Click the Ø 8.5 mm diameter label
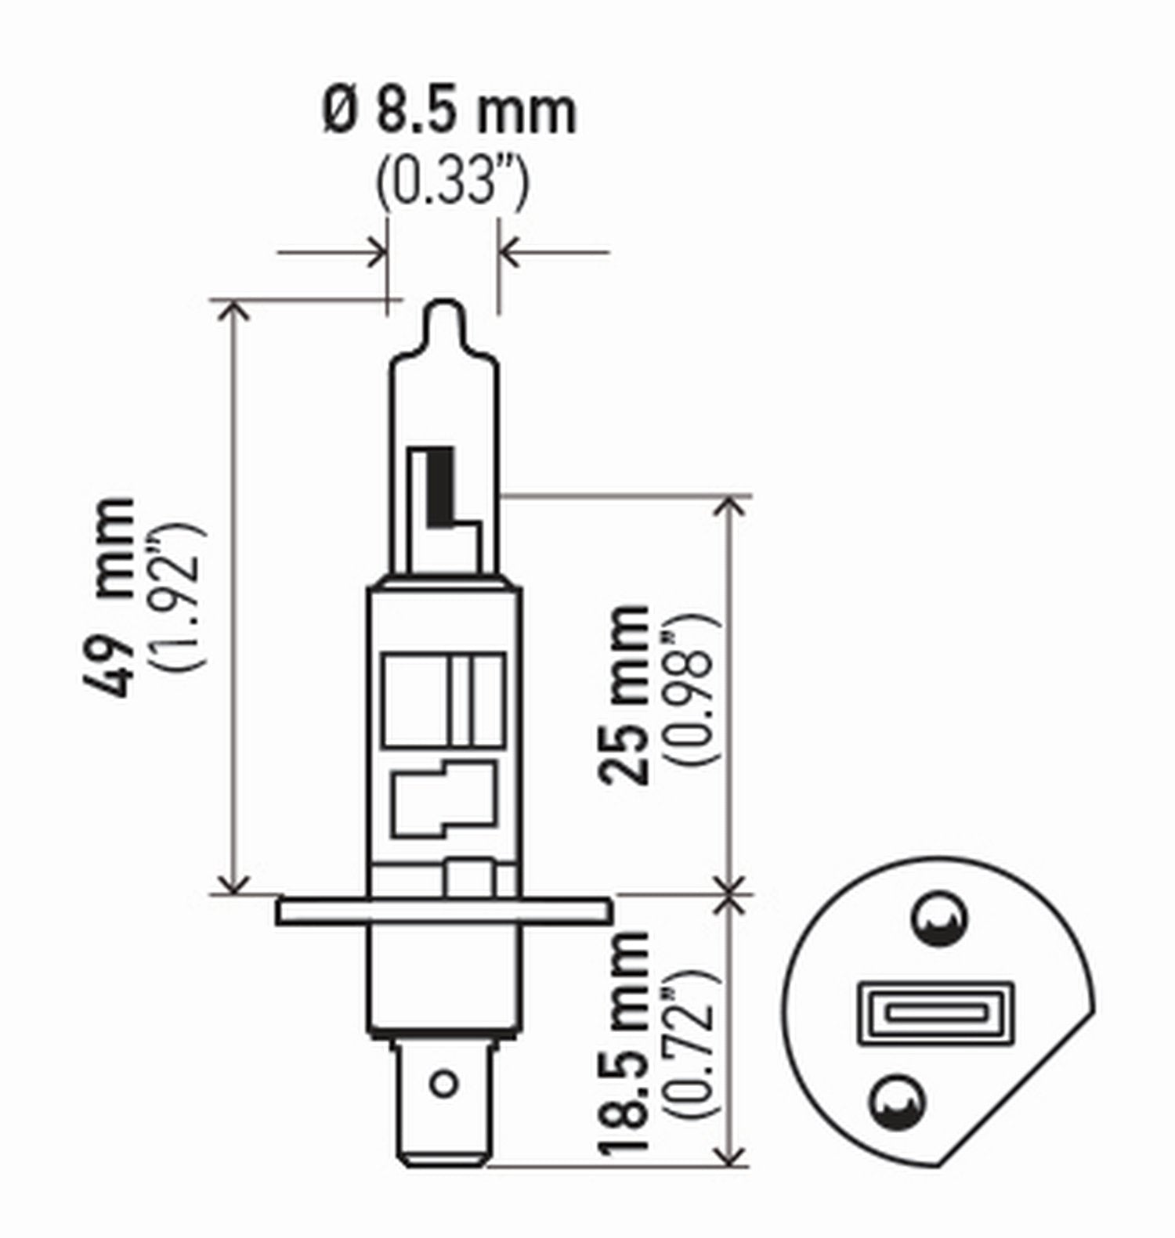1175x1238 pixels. point(450,113)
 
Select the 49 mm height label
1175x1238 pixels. point(109,597)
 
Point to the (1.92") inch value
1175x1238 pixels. point(183,597)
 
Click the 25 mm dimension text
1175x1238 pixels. point(624,695)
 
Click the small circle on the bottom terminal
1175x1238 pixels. point(443,1084)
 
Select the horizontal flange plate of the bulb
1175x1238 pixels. point(443,912)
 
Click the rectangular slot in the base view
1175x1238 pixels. point(936,1013)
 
